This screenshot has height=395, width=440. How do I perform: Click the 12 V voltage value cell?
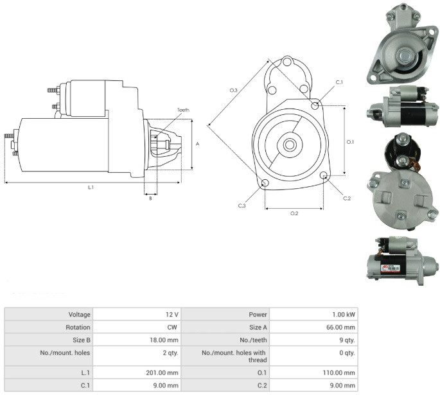[x=172, y=315]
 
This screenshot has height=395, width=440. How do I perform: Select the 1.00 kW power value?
[x=344, y=315]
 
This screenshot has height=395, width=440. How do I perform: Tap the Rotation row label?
[x=78, y=328]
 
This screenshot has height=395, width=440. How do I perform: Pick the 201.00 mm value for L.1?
[x=162, y=373]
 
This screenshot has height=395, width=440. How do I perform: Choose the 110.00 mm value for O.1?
[x=339, y=373]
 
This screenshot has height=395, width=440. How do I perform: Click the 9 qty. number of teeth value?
[x=347, y=340]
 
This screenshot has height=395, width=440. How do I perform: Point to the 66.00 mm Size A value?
[x=340, y=328]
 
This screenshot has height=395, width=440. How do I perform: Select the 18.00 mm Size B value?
[x=164, y=340]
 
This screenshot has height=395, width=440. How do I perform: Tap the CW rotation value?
[x=172, y=328]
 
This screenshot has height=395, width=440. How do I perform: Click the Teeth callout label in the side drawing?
[x=183, y=110]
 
